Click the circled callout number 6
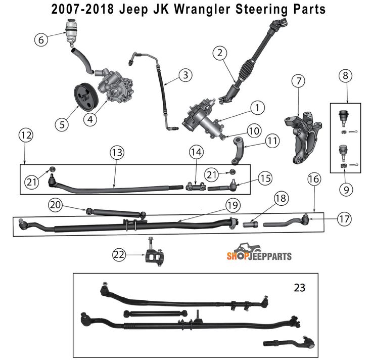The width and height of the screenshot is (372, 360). [41, 39]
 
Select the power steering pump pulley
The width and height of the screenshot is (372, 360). [85, 97]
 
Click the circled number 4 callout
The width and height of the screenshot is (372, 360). [90, 119]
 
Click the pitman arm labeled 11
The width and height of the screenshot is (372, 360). [238, 151]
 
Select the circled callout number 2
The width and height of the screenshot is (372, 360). [220, 53]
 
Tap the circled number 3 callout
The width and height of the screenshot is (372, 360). [185, 75]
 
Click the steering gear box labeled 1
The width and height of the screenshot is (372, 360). [203, 119]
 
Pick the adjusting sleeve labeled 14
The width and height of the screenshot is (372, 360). [196, 187]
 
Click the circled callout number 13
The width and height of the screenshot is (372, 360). [117, 152]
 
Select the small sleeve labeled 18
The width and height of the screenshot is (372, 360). [251, 224]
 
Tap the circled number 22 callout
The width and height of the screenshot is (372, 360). [119, 255]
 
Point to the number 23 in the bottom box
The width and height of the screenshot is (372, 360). [299, 288]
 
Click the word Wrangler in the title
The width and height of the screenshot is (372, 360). [202, 9]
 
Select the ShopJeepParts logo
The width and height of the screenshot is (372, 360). [259, 252]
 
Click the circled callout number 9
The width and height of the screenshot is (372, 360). [346, 190]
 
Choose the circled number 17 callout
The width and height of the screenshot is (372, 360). [344, 219]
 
